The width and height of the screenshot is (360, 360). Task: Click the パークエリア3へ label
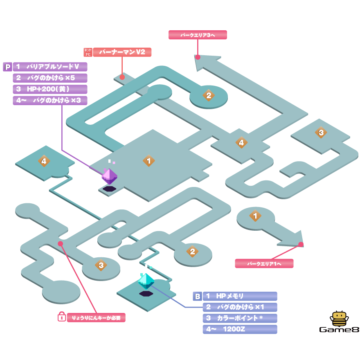[x=198, y=35]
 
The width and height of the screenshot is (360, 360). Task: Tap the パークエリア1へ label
[x=264, y=264]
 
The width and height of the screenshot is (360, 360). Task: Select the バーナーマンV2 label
[x=122, y=52]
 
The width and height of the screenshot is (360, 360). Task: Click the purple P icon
[x=7, y=67]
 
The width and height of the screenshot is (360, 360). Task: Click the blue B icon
[x=197, y=296]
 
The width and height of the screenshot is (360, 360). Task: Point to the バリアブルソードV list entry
[x=50, y=67]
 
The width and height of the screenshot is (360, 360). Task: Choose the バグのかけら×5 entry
[x=50, y=78]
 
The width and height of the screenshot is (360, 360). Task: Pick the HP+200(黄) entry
[x=50, y=89]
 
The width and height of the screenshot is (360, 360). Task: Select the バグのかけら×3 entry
[x=50, y=100]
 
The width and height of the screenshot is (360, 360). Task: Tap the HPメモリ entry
[x=240, y=296]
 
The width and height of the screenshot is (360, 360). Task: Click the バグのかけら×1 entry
[x=240, y=307]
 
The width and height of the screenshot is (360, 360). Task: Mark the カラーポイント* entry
[x=240, y=318]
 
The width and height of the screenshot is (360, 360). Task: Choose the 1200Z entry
[x=240, y=329]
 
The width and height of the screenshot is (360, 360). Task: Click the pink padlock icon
[x=61, y=317]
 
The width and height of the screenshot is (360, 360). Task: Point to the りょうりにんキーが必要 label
[x=96, y=317]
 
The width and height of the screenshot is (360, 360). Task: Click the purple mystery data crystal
[x=109, y=176]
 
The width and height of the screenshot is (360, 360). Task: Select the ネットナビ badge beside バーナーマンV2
[x=88, y=52]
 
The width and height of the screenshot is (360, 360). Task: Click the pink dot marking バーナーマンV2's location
[x=122, y=76]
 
